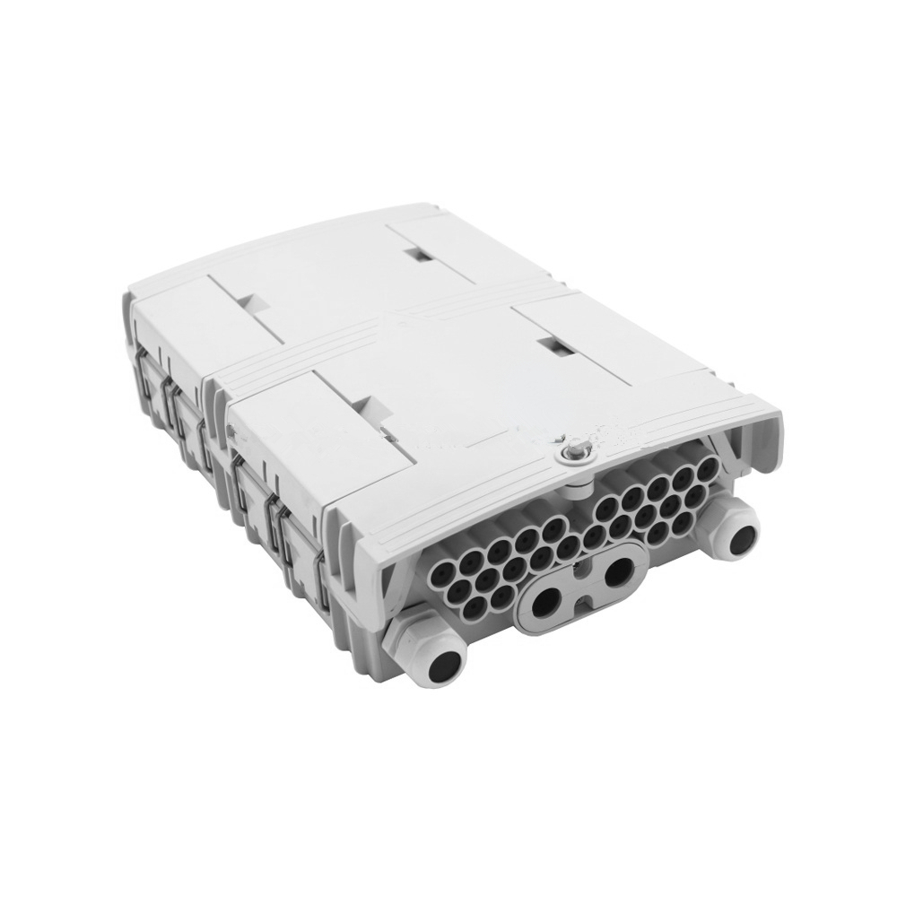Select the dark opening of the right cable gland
coord(742,541)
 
